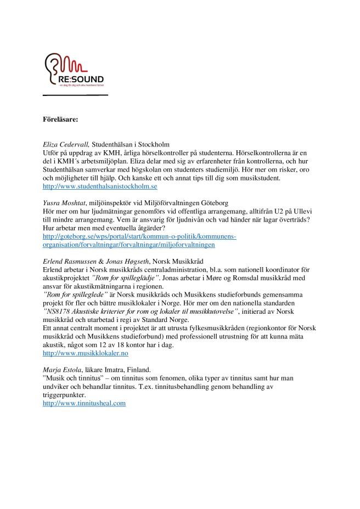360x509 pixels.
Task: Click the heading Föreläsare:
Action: coord(60,118)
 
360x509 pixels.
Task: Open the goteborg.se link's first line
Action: coord(139,236)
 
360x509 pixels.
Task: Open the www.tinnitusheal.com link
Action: coord(85,403)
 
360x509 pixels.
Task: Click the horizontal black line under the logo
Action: coord(75,95)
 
